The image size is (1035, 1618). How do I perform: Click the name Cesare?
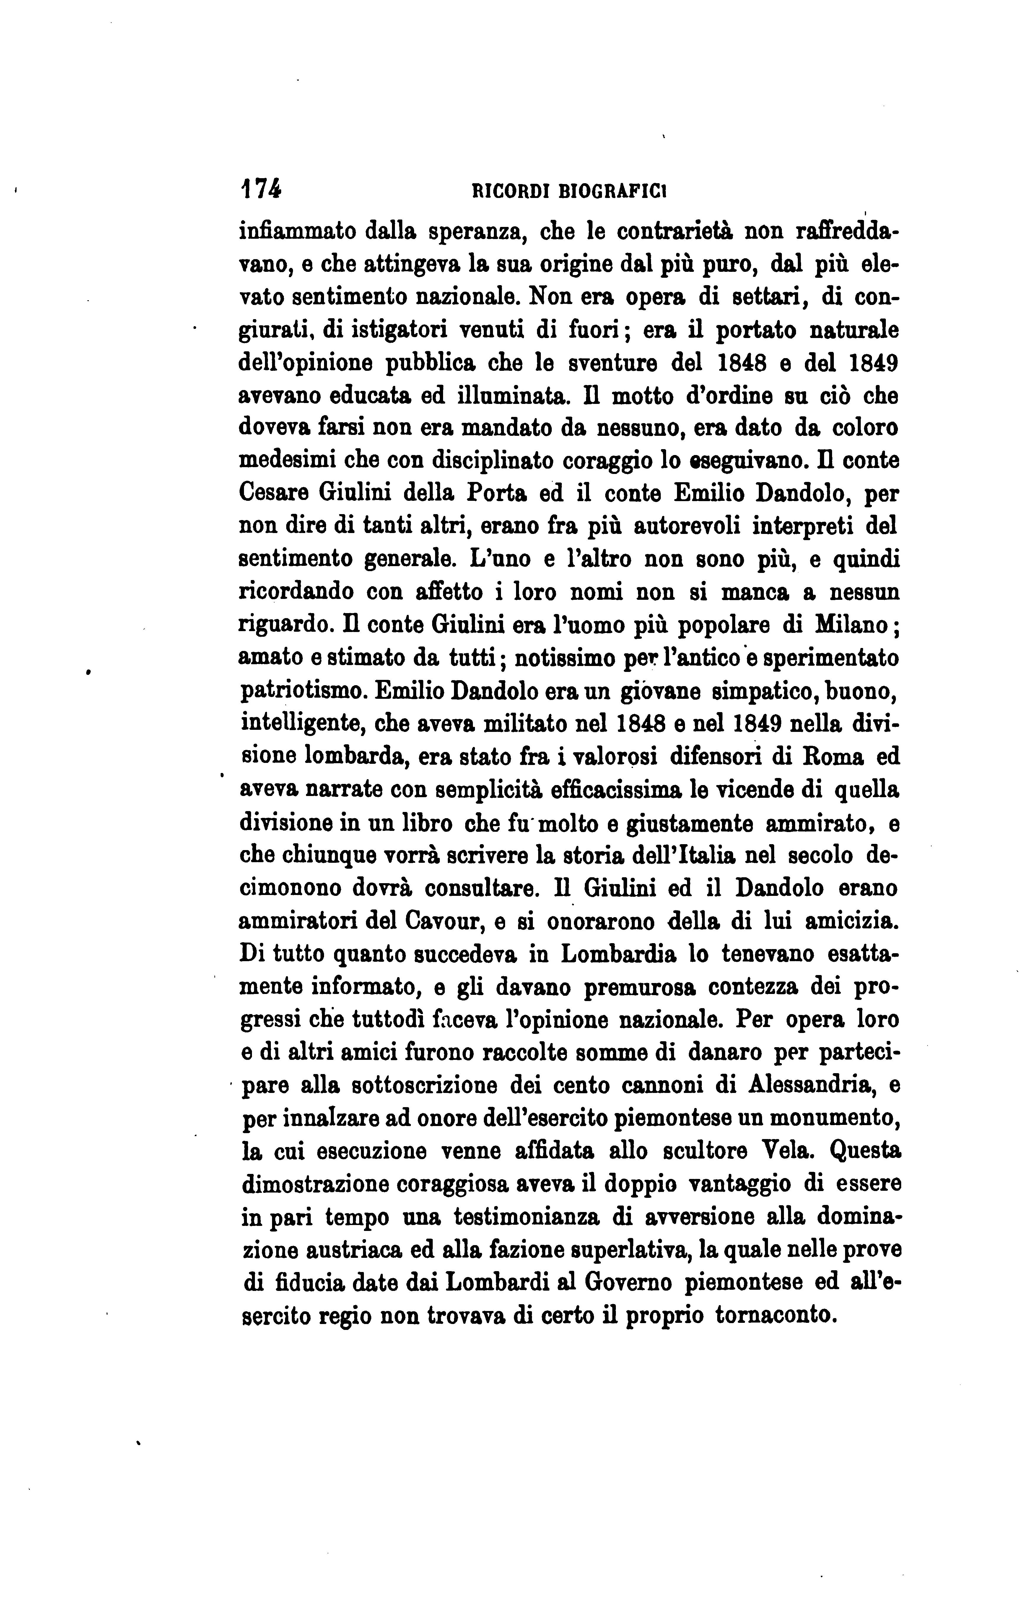pos(274,495)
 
